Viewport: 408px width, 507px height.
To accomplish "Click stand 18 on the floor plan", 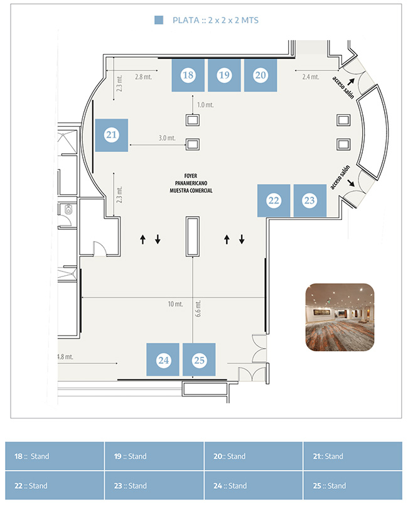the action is pyautogui.click(x=188, y=75).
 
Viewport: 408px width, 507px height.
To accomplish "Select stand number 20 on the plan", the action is pyautogui.click(x=260, y=75).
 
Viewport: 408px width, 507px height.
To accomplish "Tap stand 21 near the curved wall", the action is pyautogui.click(x=112, y=135).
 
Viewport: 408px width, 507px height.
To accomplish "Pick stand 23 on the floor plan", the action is pyautogui.click(x=310, y=200).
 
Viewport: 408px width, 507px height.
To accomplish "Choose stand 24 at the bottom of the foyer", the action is pyautogui.click(x=163, y=359).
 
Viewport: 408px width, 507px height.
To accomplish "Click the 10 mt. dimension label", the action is pyautogui.click(x=175, y=304).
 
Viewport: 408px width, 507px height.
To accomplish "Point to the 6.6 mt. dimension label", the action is pyautogui.click(x=198, y=309).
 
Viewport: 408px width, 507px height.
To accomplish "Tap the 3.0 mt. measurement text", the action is pyautogui.click(x=167, y=138).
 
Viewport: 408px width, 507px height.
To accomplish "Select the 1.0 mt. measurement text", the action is pyautogui.click(x=205, y=105).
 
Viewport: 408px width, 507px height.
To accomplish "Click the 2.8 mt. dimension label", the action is pyautogui.click(x=144, y=77).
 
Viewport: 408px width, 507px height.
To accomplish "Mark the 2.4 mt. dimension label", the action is pyautogui.click(x=311, y=77).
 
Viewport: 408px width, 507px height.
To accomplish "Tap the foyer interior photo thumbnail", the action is pyautogui.click(x=340, y=317).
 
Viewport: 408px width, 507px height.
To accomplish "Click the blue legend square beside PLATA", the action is pyautogui.click(x=159, y=20).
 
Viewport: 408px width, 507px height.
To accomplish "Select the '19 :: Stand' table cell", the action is pyautogui.click(x=154, y=456).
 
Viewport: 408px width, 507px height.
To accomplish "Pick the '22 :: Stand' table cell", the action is pyautogui.click(x=55, y=486).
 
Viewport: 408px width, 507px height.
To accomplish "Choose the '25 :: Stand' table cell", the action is pyautogui.click(x=353, y=486).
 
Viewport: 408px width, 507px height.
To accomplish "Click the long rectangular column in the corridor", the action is pyautogui.click(x=193, y=236).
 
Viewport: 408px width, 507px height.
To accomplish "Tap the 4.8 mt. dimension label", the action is pyautogui.click(x=65, y=357).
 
